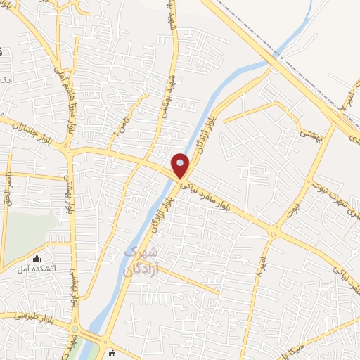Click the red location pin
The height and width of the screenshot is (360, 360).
click(x=181, y=166)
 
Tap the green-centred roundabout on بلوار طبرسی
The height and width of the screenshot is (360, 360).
click(x=75, y=328)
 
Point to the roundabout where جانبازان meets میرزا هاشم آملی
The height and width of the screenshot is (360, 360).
click(x=67, y=150)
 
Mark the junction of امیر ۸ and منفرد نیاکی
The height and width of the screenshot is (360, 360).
click(x=274, y=232)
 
